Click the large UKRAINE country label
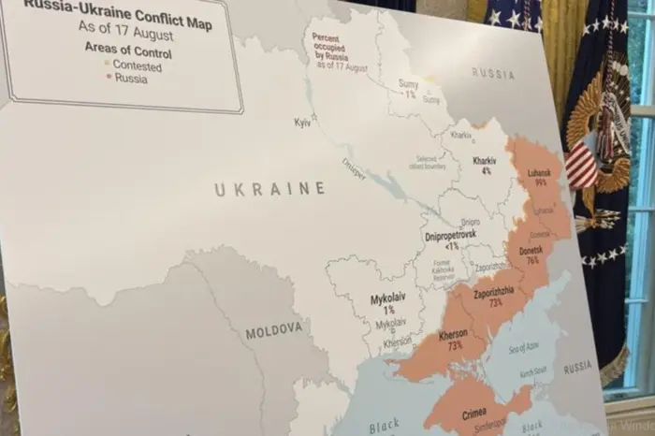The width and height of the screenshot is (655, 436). click(x=269, y=190)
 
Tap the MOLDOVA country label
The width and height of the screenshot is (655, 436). click(x=274, y=330)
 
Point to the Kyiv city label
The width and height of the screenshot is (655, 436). click(x=302, y=123)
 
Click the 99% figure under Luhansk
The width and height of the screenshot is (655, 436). click(x=541, y=184)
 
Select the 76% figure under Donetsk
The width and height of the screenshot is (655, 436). click(x=531, y=261)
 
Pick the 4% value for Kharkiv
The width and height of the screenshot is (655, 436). click(x=486, y=171)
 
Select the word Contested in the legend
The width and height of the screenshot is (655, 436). click(x=138, y=66)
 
